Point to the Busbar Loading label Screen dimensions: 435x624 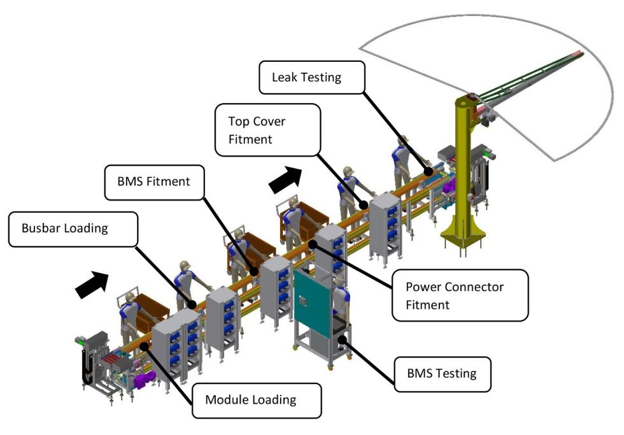click(73, 228)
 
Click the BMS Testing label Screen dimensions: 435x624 click(441, 372)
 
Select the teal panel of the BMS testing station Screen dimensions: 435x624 click(313, 300)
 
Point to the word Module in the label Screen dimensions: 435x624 click(225, 400)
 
